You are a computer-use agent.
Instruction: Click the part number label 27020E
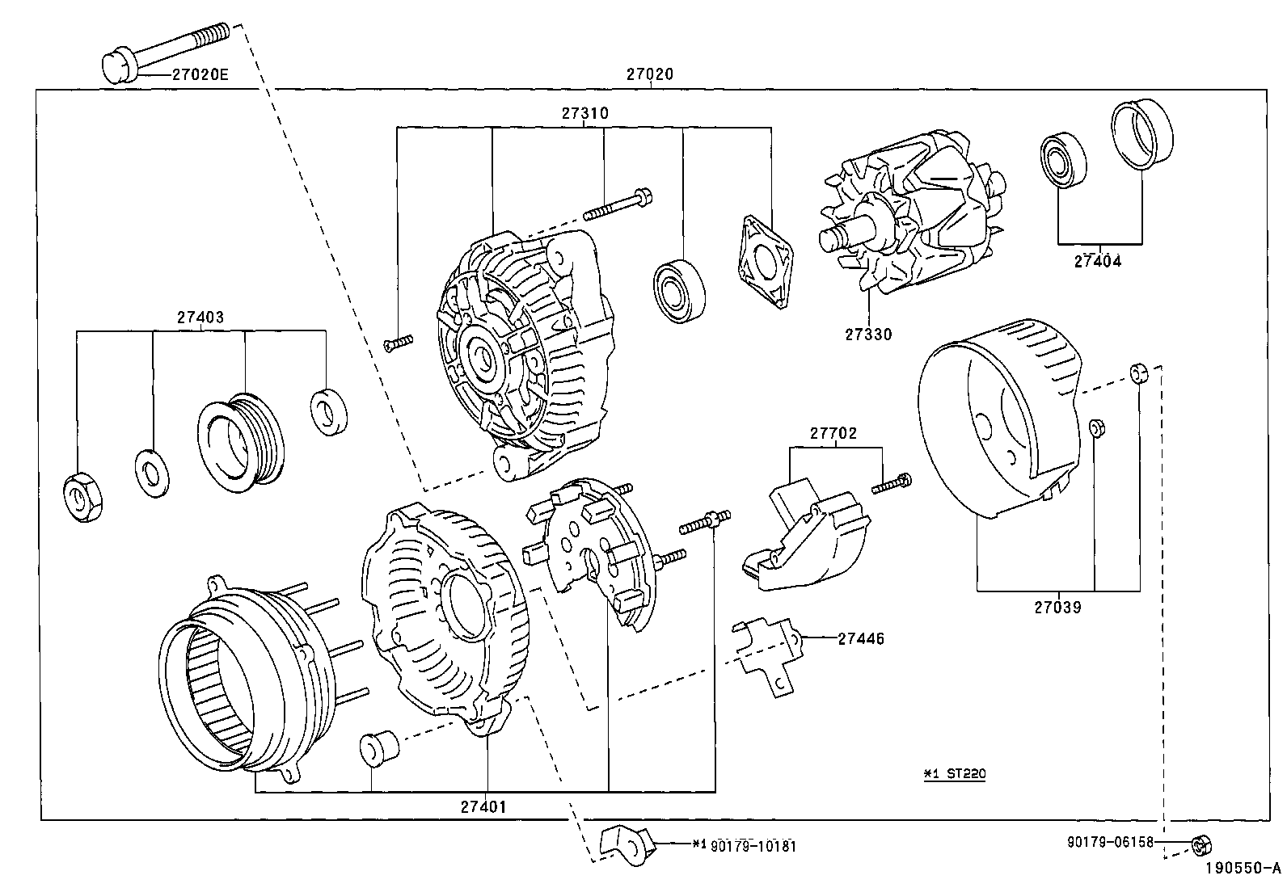click(x=200, y=74)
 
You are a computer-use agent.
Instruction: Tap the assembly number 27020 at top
click(x=649, y=74)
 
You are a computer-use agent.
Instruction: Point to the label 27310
click(x=585, y=114)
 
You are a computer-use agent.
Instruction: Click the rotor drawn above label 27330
click(x=909, y=222)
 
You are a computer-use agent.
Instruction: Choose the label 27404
click(x=1098, y=261)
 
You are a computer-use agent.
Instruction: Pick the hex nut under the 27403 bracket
click(x=82, y=497)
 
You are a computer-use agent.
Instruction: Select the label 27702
click(x=833, y=434)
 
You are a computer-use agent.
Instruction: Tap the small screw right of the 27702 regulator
click(x=892, y=484)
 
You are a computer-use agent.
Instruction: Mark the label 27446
click(x=860, y=638)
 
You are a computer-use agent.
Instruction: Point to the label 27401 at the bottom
click(x=484, y=806)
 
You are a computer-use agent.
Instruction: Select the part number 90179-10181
click(x=753, y=846)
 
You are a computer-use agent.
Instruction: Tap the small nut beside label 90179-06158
click(x=1200, y=845)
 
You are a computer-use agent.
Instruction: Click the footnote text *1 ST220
click(x=955, y=773)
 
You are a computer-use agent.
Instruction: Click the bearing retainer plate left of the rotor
click(x=764, y=260)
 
